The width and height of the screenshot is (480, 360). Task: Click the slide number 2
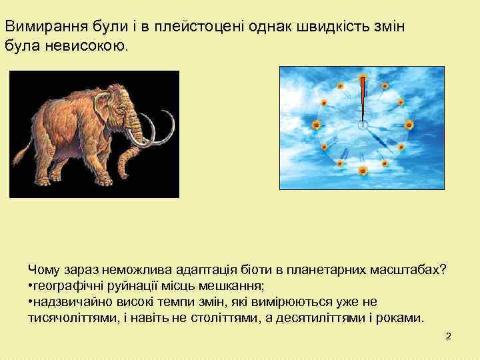click(448, 337)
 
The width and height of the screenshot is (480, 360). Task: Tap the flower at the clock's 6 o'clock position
click(363, 171)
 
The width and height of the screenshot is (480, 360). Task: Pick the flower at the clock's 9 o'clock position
click(317, 125)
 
